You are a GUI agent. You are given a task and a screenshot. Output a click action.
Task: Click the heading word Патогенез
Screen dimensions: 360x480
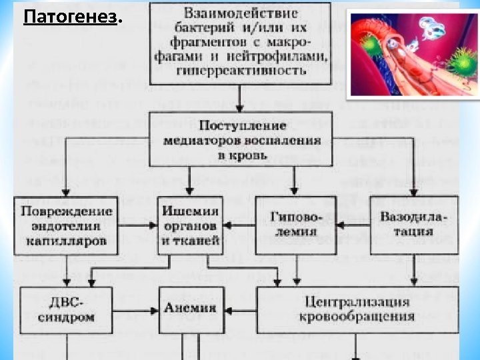tap(69, 16)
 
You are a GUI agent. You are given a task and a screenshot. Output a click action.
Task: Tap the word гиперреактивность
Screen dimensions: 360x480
tap(240, 71)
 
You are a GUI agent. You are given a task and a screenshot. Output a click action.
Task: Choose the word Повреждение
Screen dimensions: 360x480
tap(65, 211)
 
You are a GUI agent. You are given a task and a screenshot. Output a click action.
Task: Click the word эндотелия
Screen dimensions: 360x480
tap(65, 225)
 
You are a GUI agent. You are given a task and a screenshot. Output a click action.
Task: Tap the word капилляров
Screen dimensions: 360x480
tap(65, 241)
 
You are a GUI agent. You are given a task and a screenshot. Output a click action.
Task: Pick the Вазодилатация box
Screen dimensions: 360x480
tap(413, 225)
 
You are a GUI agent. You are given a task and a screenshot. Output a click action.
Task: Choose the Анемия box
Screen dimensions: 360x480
tap(191, 309)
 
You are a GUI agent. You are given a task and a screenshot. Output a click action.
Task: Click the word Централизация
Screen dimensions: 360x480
tap(354, 301)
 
